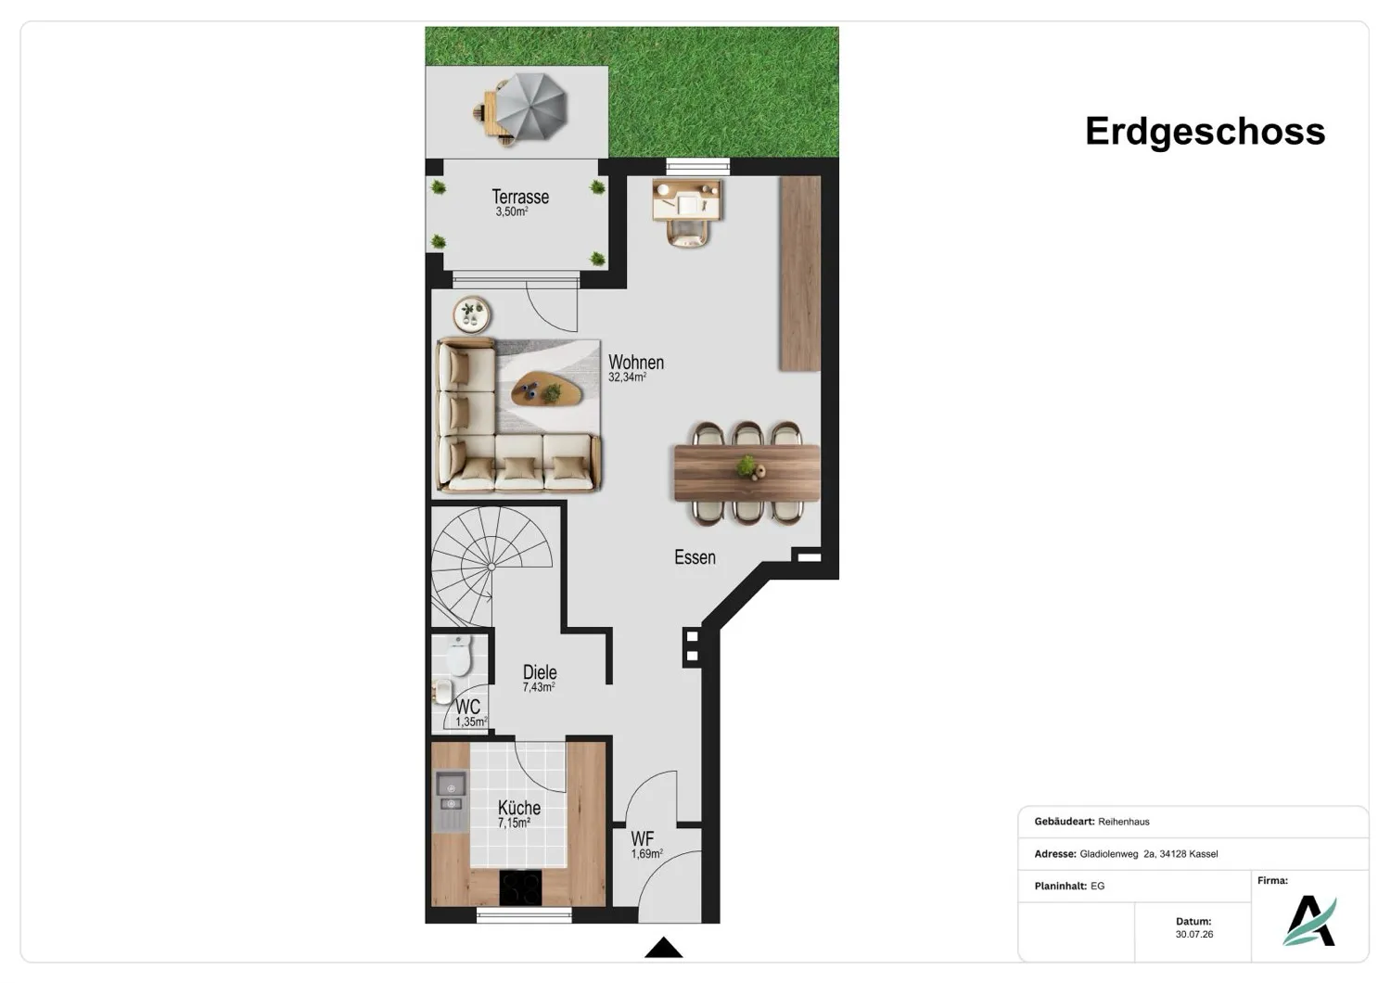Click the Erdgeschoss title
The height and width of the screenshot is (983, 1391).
coord(1205,132)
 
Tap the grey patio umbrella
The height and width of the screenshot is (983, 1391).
coord(531,107)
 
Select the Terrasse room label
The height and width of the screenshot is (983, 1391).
coord(520,197)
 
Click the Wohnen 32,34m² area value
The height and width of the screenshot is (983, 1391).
coord(627,377)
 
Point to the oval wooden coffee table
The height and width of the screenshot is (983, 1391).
coord(546,389)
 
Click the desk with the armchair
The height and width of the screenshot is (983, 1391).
coord(687,211)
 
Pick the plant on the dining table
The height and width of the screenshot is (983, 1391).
coord(747,465)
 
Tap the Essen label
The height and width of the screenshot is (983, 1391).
coord(695,557)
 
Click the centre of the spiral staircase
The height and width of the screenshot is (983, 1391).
coord(491,567)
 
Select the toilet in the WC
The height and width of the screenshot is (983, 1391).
coord(459,655)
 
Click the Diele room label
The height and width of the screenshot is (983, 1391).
coord(540,672)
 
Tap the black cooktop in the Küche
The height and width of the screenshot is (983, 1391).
coord(520,887)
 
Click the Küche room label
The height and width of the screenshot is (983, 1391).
coord(519,807)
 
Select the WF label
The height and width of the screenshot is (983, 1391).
coord(642,839)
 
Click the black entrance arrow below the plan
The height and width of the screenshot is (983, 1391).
coord(663,948)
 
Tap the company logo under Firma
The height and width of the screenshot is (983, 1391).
coord(1309,921)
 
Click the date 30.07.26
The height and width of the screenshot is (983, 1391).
coord(1193,934)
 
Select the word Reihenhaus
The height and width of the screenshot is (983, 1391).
coord(1123,822)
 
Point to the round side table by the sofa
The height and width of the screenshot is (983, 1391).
coord(471,314)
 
